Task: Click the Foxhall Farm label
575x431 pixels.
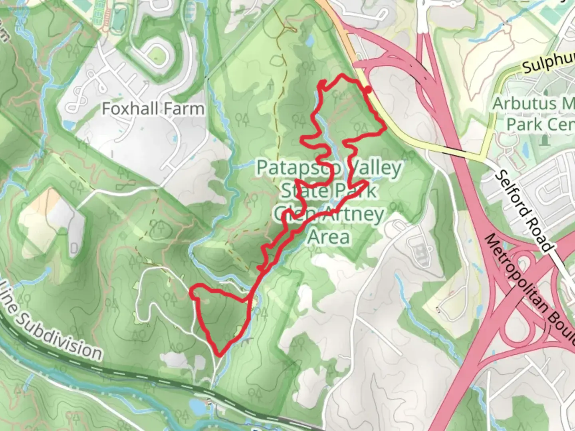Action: coord(153,109)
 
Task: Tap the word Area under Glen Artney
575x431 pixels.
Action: coord(329,237)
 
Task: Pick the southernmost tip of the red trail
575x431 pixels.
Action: coord(219,354)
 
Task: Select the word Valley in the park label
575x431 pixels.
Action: coord(375,168)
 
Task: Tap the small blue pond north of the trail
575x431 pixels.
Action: coord(309,40)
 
